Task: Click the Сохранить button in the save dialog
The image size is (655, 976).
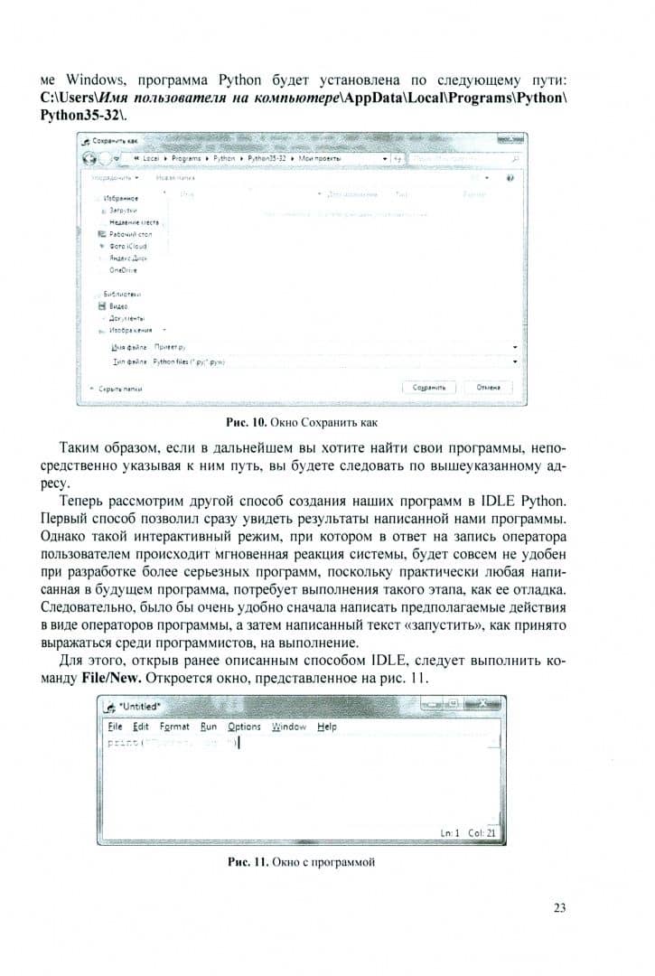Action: [x=429, y=387]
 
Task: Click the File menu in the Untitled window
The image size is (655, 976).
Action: [x=115, y=727]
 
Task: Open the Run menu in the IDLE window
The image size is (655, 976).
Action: [x=209, y=727]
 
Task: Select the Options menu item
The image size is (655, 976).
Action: [x=244, y=727]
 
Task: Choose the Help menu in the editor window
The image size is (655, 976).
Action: [x=327, y=727]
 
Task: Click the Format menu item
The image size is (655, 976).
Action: [x=174, y=727]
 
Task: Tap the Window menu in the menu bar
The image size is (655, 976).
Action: [x=289, y=727]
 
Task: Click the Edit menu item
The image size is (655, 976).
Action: [x=141, y=727]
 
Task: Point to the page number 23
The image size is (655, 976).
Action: [x=559, y=908]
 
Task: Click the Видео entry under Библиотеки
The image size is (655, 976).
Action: [x=116, y=306]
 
